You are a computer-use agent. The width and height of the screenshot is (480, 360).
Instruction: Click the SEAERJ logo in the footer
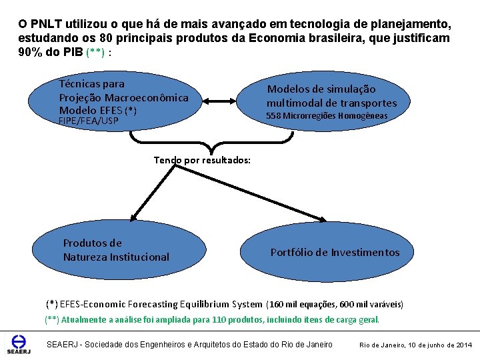click(x=14, y=343)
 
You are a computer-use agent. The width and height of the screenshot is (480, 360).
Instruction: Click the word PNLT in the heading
click(x=45, y=24)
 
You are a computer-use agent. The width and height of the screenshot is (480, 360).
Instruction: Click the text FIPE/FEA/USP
click(x=89, y=121)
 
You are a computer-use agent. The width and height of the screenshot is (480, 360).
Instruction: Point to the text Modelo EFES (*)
click(x=98, y=110)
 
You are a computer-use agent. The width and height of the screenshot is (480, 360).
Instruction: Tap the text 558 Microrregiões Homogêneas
click(x=327, y=116)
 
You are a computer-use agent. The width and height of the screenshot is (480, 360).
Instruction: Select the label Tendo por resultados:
click(x=202, y=160)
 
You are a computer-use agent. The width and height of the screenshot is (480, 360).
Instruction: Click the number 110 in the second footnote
click(x=219, y=320)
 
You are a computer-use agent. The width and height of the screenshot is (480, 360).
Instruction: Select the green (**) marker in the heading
click(x=95, y=53)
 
